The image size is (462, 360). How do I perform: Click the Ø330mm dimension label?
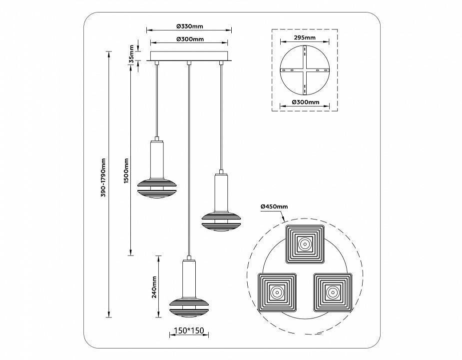click(190, 26)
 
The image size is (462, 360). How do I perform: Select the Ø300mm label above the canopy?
click(190, 39)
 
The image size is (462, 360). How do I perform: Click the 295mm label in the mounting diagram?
click(304, 37)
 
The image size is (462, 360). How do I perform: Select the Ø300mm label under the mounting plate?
click(304, 102)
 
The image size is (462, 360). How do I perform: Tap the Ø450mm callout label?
click(274, 206)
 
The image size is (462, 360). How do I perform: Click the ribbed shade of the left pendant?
click(157, 188)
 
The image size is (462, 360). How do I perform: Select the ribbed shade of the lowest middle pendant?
click(189, 306)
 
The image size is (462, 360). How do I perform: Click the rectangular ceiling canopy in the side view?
click(189, 55)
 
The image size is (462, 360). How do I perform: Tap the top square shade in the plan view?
click(304, 244)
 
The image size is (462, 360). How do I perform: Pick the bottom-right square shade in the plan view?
click(332, 290)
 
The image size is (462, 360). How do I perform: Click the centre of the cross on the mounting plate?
click(304, 70)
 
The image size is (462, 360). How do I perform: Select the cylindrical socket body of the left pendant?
click(157, 158)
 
